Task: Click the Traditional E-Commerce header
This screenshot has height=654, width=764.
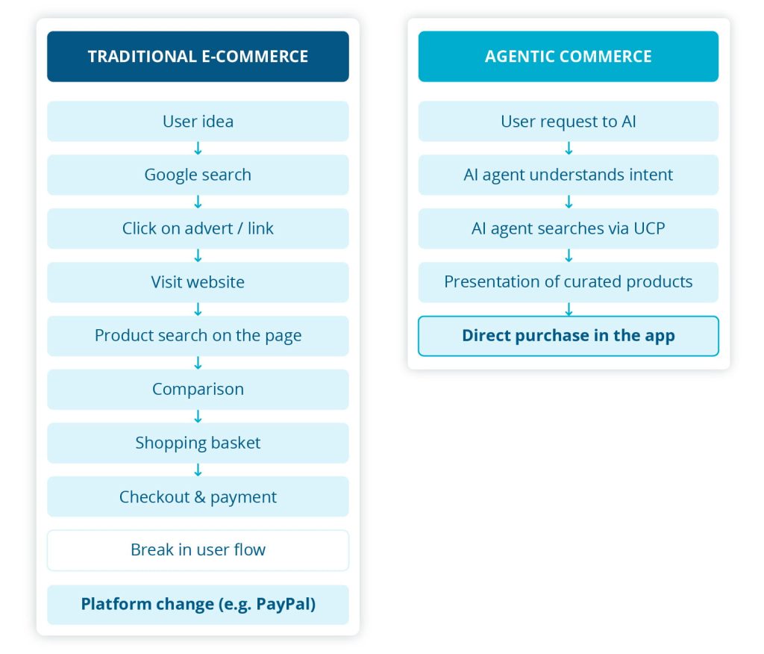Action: click(x=198, y=56)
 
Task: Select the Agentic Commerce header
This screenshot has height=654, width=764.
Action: click(x=568, y=56)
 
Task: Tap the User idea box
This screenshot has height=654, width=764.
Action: click(x=198, y=121)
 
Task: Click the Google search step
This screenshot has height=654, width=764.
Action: click(x=198, y=175)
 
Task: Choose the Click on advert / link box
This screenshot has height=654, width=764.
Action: click(x=198, y=228)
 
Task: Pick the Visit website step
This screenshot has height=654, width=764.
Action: click(x=198, y=282)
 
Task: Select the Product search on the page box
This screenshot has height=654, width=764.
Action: click(x=198, y=336)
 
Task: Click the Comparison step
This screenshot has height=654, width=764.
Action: click(x=198, y=389)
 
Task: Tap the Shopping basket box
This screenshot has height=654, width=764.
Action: click(x=198, y=443)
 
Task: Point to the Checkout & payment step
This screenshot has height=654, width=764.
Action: click(x=198, y=496)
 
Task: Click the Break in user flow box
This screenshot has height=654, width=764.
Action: click(x=198, y=550)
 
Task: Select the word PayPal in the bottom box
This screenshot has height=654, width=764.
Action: click(x=286, y=604)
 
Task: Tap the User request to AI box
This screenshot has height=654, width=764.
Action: click(x=568, y=121)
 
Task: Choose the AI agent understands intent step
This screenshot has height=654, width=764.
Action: click(x=568, y=175)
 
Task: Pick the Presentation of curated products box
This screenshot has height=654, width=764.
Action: click(x=568, y=282)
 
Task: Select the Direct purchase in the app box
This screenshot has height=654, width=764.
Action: click(x=568, y=336)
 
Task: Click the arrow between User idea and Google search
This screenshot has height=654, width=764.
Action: click(x=198, y=149)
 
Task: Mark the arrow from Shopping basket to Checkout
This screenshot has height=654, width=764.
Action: click(x=198, y=470)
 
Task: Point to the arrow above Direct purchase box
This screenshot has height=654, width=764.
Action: click(x=569, y=309)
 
